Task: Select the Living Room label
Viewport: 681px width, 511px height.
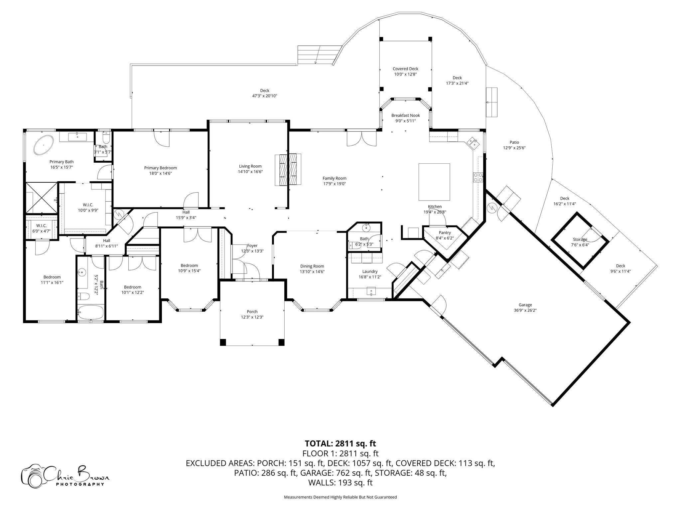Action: [250, 166]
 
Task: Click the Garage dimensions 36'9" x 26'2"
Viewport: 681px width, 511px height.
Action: [525, 310]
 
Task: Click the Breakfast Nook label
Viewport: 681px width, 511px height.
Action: [405, 115]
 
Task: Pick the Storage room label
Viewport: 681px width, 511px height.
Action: [580, 240]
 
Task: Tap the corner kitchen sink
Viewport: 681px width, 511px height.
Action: [473, 143]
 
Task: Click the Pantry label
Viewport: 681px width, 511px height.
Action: [445, 233]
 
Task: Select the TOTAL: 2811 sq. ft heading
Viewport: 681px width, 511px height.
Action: [340, 443]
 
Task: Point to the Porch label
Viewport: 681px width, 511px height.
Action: [252, 312]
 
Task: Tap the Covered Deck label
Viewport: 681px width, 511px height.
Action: [405, 69]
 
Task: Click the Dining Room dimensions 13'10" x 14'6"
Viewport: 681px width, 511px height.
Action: [312, 271]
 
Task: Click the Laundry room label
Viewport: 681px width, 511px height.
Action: [370, 271]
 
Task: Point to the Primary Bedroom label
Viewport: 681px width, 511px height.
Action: [160, 168]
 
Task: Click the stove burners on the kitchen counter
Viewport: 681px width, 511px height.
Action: [477, 177]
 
